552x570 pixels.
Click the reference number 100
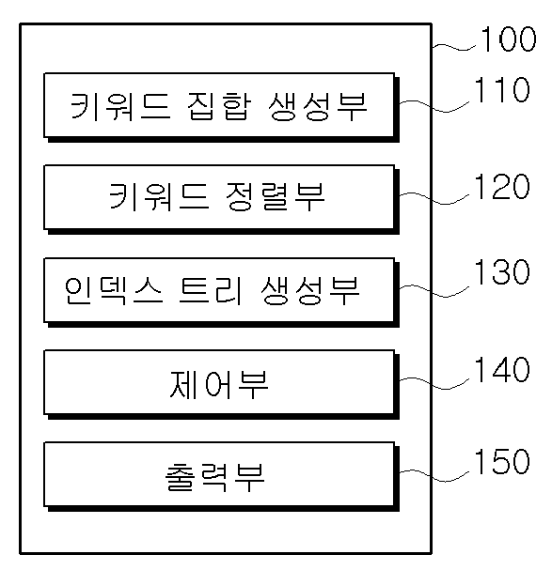coord(509,39)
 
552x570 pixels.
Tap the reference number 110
coord(502,89)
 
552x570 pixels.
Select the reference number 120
coord(502,186)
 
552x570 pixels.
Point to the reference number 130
coord(502,271)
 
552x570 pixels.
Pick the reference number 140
coord(502,369)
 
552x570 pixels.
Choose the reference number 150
coord(502,461)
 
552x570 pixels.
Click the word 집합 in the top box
coord(219,106)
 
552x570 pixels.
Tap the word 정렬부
coord(275,196)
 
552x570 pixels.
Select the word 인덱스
coord(113,290)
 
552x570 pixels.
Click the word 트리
coord(210,290)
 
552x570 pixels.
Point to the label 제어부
coord(219,384)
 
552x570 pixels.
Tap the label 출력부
coord(214,477)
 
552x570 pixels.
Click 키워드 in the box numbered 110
coord(120,106)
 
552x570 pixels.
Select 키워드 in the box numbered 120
coord(159,196)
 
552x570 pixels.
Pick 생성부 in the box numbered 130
coord(310,290)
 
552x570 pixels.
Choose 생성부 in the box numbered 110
coord(318,106)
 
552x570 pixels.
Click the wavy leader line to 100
coord(453,47)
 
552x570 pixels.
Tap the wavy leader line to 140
coord(434,383)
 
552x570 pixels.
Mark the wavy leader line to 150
coord(434,476)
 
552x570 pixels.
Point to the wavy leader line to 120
coord(434,198)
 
